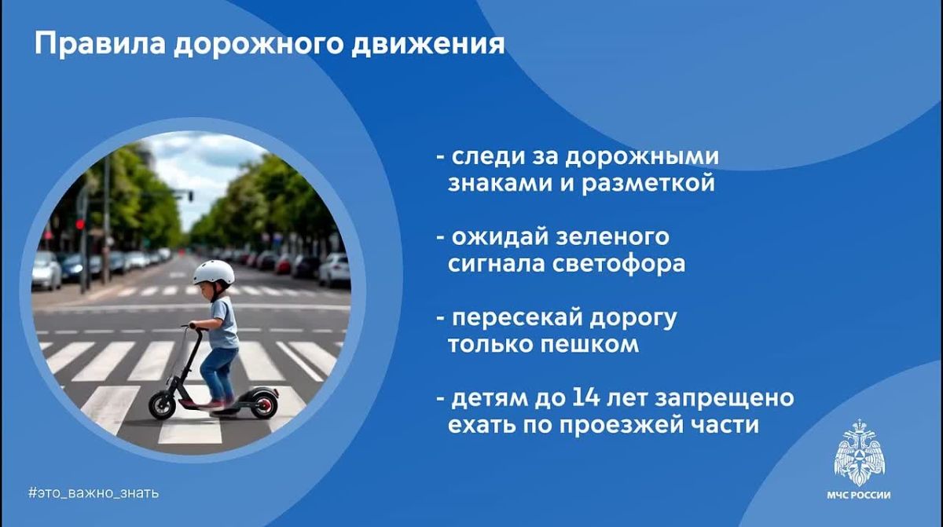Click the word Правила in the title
(x=100, y=44)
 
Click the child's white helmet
(x=214, y=272)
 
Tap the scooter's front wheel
(x=162, y=404)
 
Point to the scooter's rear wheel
(x=264, y=404)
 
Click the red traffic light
(x=79, y=224)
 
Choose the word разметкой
(x=648, y=183)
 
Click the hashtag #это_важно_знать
(x=94, y=492)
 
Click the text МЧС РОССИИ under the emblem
(x=859, y=496)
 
